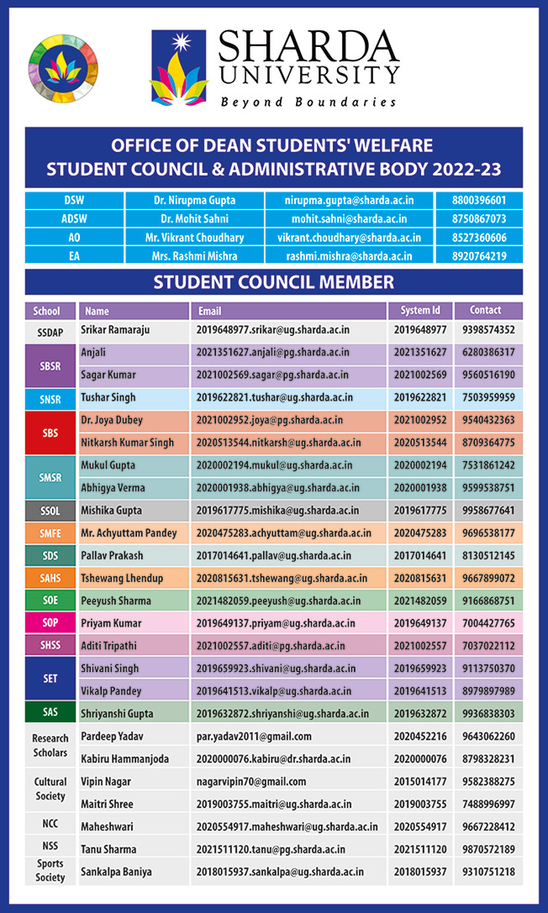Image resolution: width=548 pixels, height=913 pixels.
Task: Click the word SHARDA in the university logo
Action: point(308,48)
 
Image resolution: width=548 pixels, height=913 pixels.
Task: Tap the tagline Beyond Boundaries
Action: point(308,102)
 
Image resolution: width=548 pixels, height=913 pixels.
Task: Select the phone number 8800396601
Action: point(479,201)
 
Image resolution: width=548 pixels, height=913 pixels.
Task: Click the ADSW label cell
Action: point(74,219)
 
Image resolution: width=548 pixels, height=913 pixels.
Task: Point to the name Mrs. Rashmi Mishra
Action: point(196,256)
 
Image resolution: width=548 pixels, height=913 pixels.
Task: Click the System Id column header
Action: point(420,311)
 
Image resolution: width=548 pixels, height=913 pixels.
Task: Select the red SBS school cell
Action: point(50,432)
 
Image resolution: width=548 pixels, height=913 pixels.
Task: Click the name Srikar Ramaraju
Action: point(115,330)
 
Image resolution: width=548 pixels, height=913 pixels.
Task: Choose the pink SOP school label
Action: point(50,623)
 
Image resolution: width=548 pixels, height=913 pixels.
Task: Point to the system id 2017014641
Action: point(420,556)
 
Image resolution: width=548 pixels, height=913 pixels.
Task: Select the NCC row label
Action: point(50,825)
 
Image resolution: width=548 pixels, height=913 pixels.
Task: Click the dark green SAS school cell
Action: point(50,712)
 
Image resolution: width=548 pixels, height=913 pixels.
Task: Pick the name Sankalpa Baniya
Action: point(117,872)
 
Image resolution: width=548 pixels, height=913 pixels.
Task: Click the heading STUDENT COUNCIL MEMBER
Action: point(273,282)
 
